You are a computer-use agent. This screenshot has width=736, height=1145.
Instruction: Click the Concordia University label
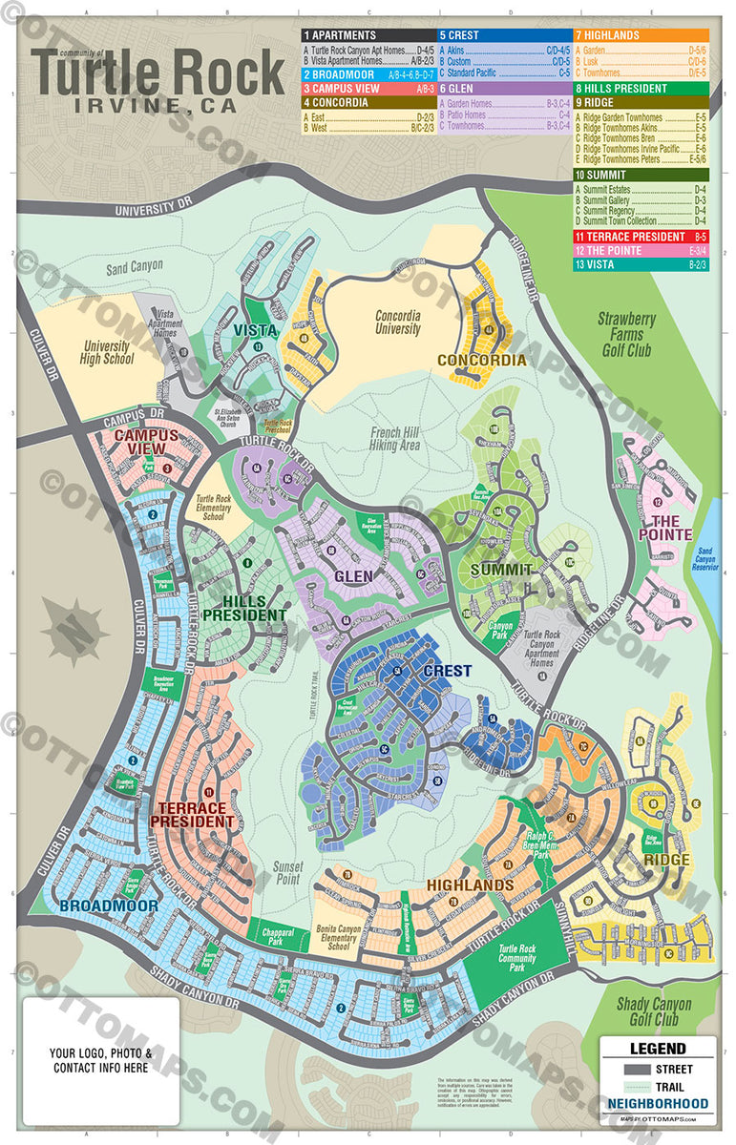coord(398,323)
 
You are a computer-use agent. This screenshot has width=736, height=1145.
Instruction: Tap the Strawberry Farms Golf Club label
coord(624,334)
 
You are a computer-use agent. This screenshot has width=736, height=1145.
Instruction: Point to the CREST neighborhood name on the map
coord(447,671)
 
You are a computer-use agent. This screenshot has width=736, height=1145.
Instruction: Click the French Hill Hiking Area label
coord(395,438)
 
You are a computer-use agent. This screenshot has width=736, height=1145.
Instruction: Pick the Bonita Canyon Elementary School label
coord(339,937)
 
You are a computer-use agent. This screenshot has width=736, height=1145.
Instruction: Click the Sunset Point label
coord(288,873)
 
